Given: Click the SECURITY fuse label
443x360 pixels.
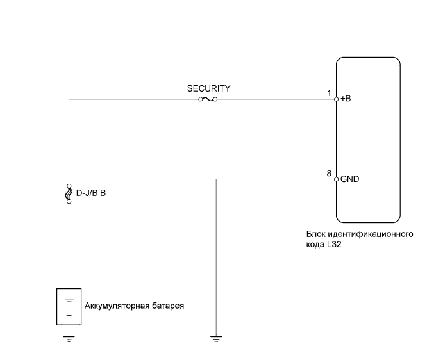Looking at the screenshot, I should [x=208, y=88].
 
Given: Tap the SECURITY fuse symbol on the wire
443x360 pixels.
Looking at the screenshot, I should [x=208, y=99].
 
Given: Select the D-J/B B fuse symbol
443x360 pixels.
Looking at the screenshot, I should [x=69, y=192].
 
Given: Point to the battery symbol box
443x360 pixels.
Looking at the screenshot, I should [x=69, y=305].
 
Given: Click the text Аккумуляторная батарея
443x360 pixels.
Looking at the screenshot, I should [x=134, y=306].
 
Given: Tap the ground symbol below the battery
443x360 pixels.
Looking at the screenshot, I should [x=69, y=339].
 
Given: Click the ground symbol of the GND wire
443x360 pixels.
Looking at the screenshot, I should [x=217, y=339].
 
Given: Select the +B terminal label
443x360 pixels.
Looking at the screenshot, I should [x=346, y=99].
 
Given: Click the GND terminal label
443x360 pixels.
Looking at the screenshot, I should [x=349, y=179].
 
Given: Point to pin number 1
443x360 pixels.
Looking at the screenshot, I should [x=330, y=94].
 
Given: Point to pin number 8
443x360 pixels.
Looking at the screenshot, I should [x=329, y=174].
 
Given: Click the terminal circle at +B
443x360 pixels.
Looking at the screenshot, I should [x=337, y=99].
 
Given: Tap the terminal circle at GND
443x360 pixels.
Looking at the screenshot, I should [x=337, y=179].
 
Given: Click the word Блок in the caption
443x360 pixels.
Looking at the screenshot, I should [x=316, y=234].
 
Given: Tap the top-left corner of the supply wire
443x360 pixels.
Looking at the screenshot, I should [x=69, y=99].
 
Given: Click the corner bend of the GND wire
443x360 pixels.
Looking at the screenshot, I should [x=217, y=179].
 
